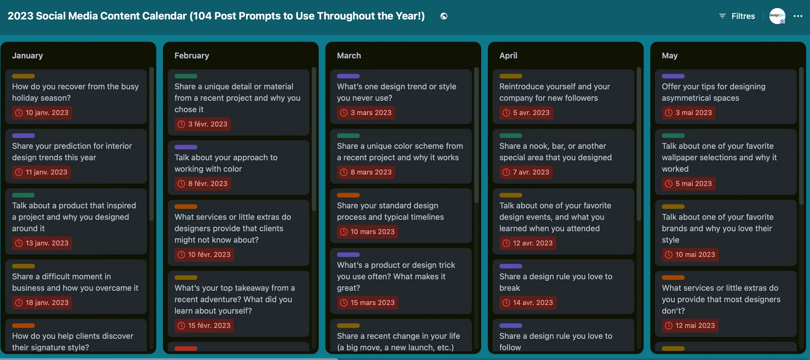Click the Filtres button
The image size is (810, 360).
pos(737,16)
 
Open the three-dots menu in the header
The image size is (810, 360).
pos(798,16)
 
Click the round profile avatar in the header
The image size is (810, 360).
pos(777,16)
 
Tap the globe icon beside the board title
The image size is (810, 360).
pos(444,16)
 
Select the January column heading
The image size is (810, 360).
pos(27,55)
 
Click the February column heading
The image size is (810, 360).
pos(192,55)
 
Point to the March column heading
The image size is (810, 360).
pos(349,55)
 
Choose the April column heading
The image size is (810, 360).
pos(508,55)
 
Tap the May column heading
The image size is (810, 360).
pos(670,55)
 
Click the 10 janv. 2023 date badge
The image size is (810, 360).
pos(42,113)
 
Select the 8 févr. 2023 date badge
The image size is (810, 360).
pos(203,184)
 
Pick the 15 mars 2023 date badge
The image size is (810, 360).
pos(367,303)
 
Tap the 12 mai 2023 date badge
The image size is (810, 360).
pos(690,325)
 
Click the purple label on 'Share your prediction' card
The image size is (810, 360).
pos(23,135)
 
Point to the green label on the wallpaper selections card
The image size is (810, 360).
pos(673,135)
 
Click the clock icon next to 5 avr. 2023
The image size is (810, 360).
pos(506,113)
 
